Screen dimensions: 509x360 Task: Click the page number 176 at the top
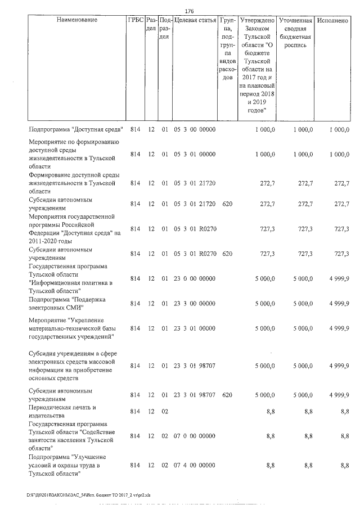(189, 11)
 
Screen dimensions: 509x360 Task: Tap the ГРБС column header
(135, 20)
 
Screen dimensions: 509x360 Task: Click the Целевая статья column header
(195, 20)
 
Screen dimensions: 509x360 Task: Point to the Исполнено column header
(332, 20)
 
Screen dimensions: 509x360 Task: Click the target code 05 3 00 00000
(194, 129)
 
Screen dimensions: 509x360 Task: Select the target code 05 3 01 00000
(194, 154)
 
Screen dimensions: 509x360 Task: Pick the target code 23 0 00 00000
(194, 278)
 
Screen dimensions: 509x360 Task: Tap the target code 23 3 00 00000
(194, 304)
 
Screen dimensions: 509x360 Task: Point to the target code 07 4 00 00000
(194, 466)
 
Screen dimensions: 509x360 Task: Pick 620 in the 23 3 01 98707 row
(227, 395)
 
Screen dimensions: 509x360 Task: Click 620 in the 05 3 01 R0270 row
(227, 254)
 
